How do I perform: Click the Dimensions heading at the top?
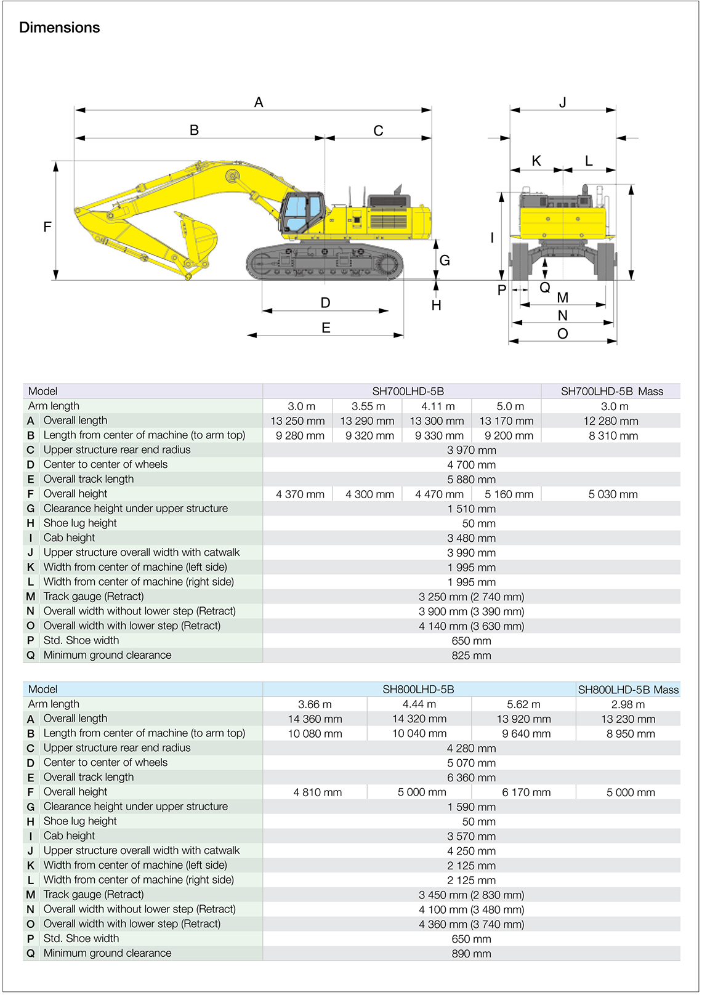59,28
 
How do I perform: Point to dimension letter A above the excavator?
259,102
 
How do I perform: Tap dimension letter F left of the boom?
47,227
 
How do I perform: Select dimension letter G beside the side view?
445,260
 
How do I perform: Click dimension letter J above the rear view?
562,102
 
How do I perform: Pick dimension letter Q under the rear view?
544,288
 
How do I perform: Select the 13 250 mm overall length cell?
297,421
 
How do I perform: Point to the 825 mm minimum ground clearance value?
471,656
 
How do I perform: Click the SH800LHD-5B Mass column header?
628,690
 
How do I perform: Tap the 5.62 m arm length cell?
523,704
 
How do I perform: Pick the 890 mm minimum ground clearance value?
471,954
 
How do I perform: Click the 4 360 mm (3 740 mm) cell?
471,924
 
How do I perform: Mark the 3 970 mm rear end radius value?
471,450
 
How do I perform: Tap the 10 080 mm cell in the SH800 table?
315,734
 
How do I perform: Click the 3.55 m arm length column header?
368,406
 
